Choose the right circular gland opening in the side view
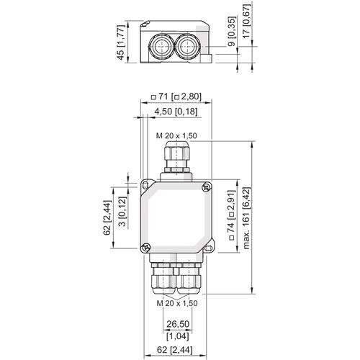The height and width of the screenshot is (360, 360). (189, 47)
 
